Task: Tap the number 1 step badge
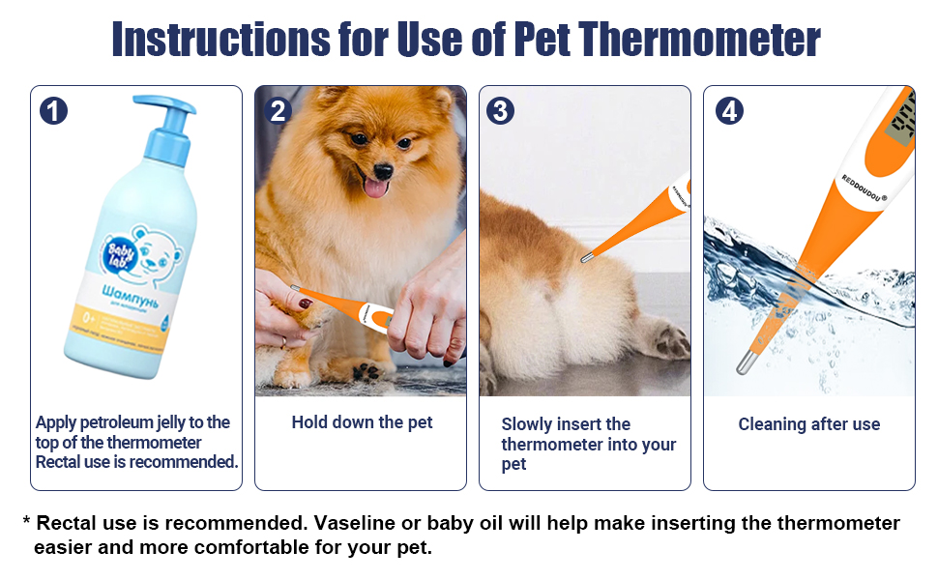54,111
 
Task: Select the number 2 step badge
278,111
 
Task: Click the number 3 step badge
500,111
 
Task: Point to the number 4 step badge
729,111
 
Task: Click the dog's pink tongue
372,187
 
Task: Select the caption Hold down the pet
362,422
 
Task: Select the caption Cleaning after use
808,424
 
